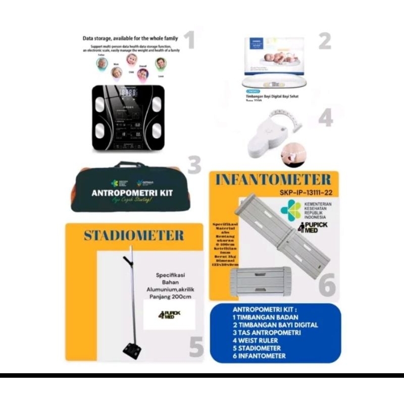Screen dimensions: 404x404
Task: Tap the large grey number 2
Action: pos(324,41)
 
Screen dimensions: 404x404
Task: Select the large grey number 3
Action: pos(194,165)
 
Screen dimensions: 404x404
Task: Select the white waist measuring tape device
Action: pos(270,134)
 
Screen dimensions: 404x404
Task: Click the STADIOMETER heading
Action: pos(134,235)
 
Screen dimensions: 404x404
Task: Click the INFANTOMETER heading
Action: pos(273,180)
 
